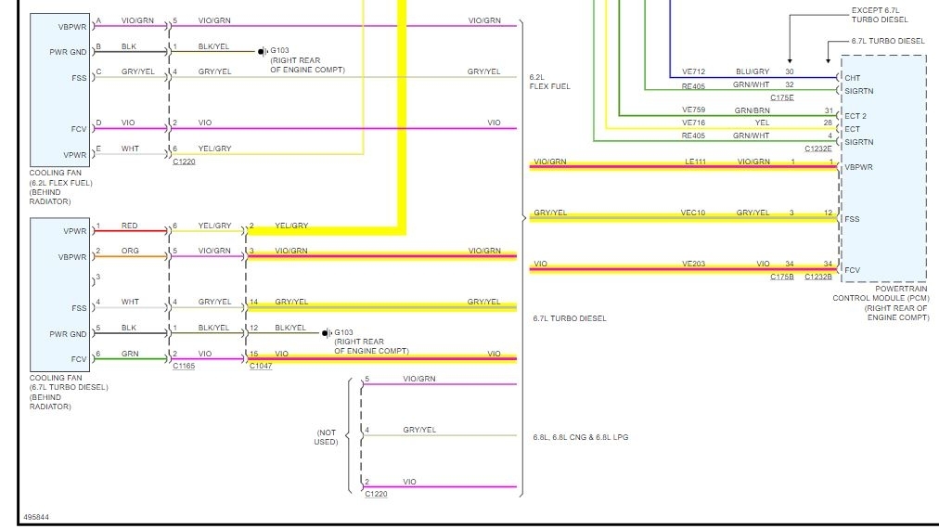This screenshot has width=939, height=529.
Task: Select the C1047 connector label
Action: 261,367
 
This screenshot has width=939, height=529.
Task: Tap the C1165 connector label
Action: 185,367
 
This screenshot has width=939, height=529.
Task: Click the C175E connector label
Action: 782,97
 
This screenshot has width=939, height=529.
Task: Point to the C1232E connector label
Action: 817,148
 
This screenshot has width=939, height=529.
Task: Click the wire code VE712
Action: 694,71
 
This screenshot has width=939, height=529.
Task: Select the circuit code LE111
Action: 696,161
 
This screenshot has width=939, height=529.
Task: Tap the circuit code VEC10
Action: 693,213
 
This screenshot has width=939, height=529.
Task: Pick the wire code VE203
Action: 694,264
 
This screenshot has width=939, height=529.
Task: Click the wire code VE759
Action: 694,110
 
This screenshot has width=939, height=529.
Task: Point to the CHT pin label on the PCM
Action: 852,78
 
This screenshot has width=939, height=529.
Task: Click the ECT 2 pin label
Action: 855,116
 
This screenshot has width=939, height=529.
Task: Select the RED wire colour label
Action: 129,226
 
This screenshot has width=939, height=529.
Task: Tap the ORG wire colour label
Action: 129,251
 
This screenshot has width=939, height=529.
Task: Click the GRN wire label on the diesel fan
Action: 129,354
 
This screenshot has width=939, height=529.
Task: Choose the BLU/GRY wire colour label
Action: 752,71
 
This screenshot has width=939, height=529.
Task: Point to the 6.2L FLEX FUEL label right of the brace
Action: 549,82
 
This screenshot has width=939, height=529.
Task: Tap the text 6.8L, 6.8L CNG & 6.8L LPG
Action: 580,436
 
